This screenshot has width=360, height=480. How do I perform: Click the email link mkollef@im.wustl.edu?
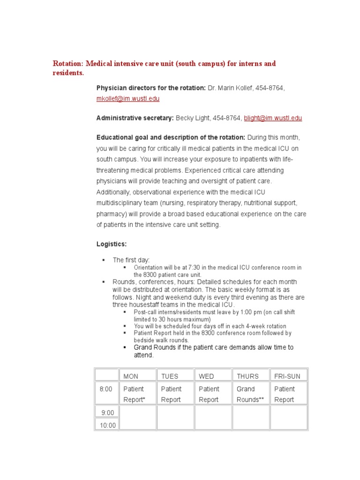[127, 99]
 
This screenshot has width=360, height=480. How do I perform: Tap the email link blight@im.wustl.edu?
[273, 118]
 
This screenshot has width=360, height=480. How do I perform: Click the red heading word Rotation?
[68, 63]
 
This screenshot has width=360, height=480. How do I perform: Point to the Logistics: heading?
[112, 244]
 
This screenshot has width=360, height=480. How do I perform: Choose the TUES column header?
[170, 376]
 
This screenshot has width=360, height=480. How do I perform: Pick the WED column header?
[206, 376]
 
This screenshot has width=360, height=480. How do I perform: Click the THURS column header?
[247, 376]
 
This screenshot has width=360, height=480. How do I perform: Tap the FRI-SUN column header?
[287, 376]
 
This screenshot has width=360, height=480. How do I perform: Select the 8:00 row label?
[106, 389]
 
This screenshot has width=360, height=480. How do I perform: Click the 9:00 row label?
[107, 412]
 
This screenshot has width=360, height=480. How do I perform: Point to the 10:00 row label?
[107, 425]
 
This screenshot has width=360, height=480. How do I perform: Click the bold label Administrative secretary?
[135, 118]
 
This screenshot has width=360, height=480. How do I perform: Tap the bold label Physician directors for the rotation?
[151, 88]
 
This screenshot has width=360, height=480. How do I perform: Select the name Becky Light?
[193, 118]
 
